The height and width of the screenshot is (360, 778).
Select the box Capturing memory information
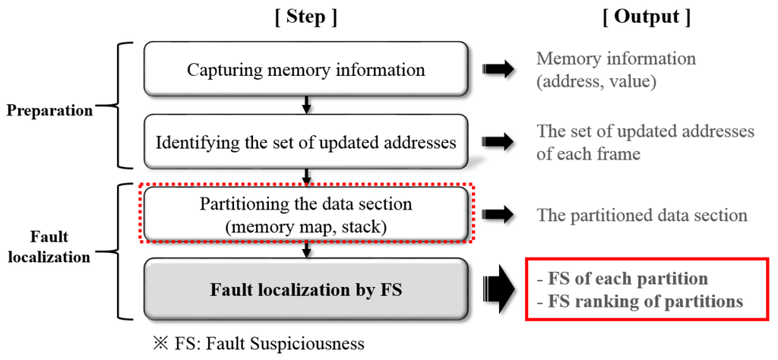coord(305,70)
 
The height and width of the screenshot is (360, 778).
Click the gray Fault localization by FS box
coord(305,289)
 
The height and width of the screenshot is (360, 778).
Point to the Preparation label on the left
coord(49,110)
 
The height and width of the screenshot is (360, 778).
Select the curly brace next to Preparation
coord(122,106)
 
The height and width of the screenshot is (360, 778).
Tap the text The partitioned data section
coord(642,215)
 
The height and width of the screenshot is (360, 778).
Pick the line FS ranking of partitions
coord(640,302)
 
